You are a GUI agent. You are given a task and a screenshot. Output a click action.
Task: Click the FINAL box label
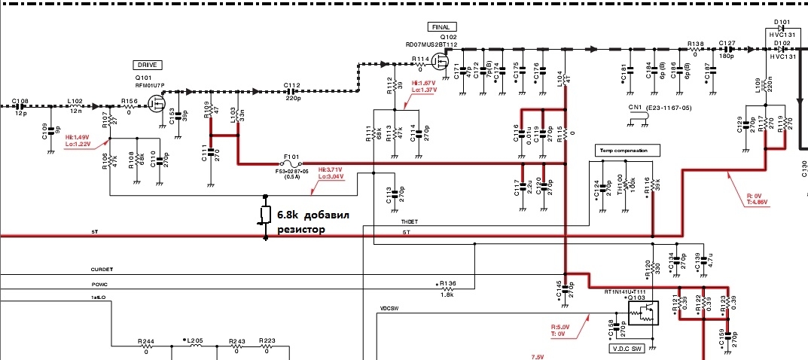[x=440, y=27]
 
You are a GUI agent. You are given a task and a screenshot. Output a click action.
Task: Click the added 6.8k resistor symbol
[x=265, y=215]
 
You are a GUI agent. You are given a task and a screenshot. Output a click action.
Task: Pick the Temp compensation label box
[x=627, y=150]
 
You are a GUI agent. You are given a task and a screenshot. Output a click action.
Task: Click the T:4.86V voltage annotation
[x=753, y=203]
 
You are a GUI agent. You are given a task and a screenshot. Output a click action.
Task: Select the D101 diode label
[x=782, y=22]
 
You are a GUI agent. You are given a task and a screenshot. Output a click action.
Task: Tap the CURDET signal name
[x=102, y=268]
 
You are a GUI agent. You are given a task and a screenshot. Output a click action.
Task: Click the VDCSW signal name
[x=389, y=308]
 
